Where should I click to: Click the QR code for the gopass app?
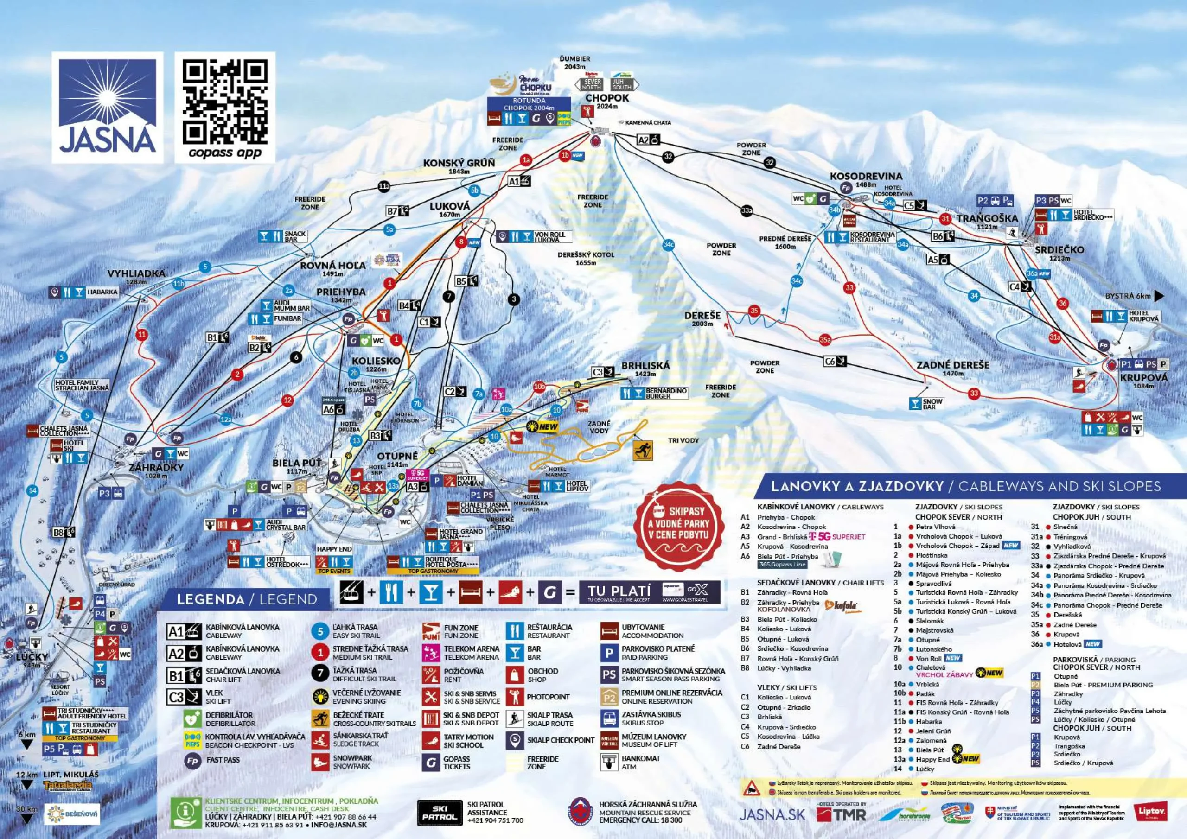pos(225,102)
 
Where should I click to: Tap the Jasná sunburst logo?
pos(107,107)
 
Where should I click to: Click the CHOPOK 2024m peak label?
pos(607,101)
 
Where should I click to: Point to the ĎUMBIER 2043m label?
pos(575,63)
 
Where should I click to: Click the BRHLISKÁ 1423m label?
pos(645,369)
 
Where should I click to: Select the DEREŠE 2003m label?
pos(702,318)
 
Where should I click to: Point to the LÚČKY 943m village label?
pos(32,659)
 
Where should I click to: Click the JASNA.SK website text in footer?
pos(772,814)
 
